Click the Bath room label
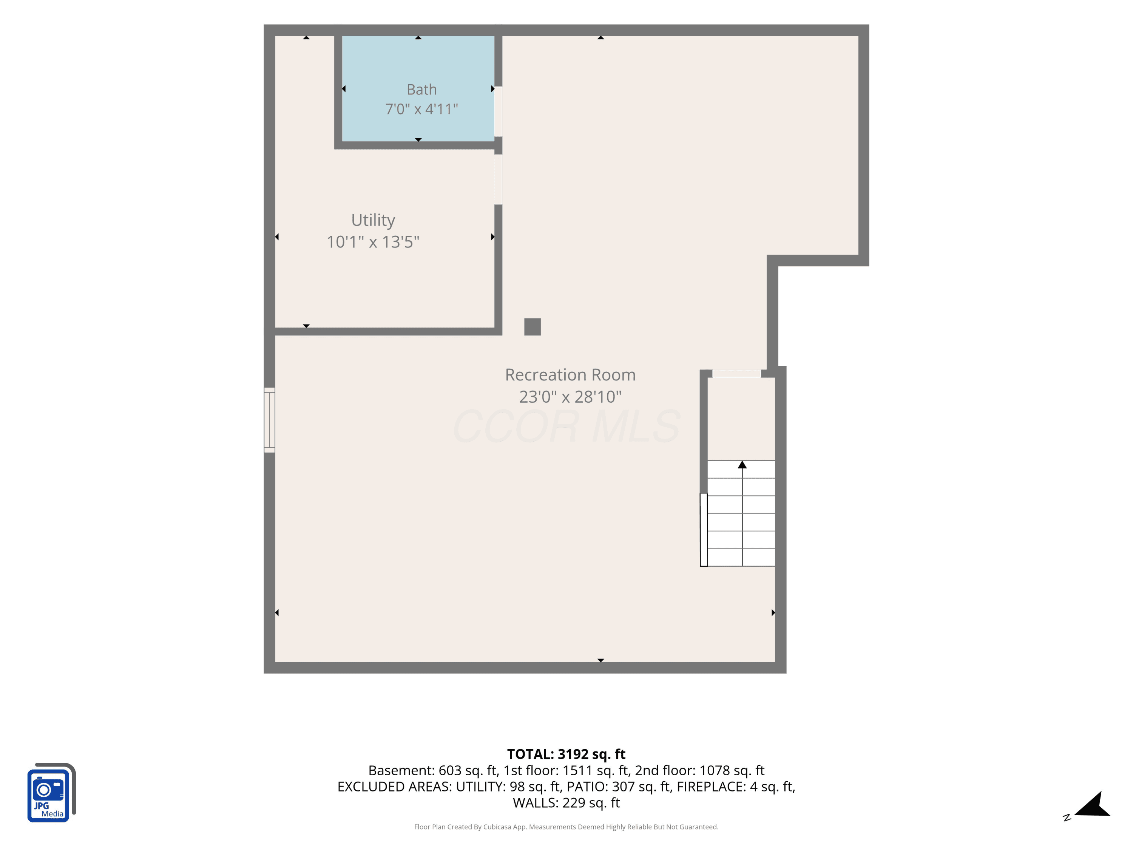coord(421,90)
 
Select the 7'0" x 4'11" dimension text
coord(421,109)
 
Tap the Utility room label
coord(373,220)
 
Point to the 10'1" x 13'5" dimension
coord(373,242)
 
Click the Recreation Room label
coord(570,375)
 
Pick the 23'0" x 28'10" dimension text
coord(570,397)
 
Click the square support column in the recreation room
coord(533,327)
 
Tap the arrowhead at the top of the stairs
coord(742,465)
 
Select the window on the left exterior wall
coord(269,420)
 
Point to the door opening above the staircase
coord(736,374)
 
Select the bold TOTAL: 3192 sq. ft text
coord(566,754)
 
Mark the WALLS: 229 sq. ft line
coord(566,803)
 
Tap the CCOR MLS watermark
coord(566,426)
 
